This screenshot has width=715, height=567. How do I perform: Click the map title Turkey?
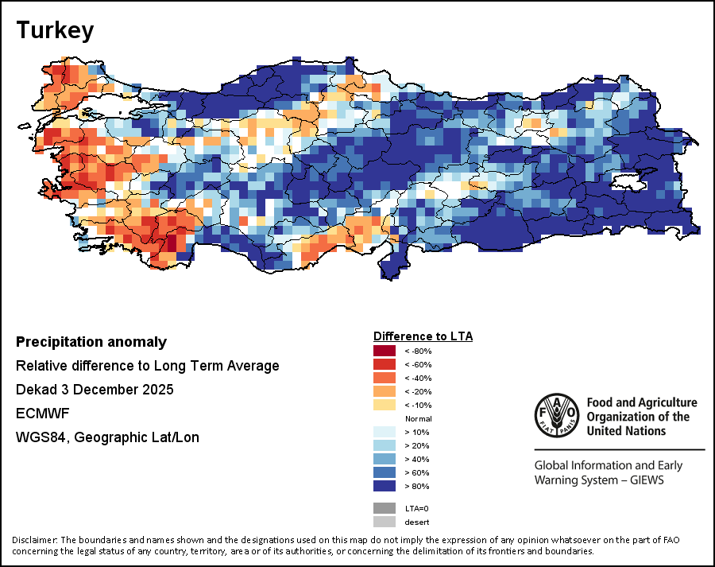55,31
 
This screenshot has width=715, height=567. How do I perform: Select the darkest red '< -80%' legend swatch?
385,351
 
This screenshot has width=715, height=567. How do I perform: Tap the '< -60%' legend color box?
385,364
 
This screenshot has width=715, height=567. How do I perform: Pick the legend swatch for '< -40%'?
385,378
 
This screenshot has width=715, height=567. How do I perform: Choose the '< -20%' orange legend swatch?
385,391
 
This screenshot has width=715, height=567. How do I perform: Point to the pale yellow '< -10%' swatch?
385,405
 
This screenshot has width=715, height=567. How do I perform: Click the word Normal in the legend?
418,418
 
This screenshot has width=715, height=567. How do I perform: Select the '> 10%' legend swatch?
385,432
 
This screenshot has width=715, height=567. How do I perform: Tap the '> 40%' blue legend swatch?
385,459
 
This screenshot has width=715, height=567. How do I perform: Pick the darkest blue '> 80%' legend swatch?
385,486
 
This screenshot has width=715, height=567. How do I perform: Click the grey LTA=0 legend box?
385,508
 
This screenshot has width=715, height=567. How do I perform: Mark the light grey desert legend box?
385,522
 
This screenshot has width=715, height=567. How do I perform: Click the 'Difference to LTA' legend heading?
423,336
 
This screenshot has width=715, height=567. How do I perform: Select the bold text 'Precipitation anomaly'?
91,342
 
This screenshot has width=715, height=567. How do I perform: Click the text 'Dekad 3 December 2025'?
95,390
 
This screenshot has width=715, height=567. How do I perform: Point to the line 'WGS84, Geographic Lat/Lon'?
107,437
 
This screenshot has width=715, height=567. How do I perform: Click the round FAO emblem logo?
557,416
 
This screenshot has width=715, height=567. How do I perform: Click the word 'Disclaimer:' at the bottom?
36,541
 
